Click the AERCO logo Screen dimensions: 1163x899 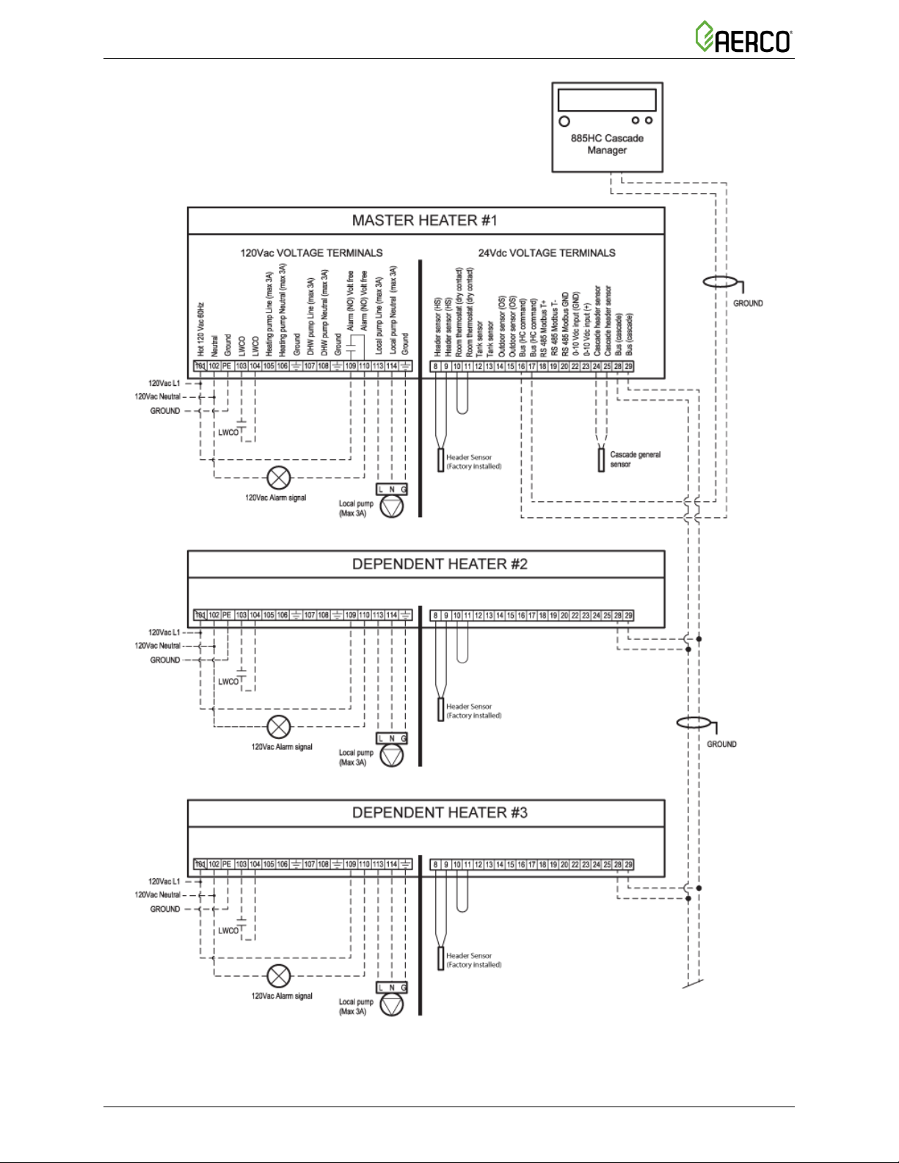pos(743,37)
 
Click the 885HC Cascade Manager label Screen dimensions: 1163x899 pos(607,144)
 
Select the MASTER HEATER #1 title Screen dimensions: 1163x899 pos(425,221)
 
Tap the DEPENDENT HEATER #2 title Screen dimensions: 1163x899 pos(440,564)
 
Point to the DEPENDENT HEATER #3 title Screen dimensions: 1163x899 pos(440,813)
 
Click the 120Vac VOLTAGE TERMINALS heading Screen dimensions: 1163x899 pos(311,253)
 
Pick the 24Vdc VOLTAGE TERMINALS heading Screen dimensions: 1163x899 pos(547,253)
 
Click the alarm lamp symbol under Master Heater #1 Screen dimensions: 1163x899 pos(278,478)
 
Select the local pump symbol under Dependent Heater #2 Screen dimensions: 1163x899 pos(392,756)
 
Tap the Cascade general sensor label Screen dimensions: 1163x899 pos(635,459)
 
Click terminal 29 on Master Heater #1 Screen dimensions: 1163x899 pos(629,366)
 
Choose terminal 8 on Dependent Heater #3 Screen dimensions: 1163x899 pos(435,864)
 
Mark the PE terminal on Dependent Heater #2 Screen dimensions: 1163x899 pos(227,616)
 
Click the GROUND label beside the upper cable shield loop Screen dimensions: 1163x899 pos(748,303)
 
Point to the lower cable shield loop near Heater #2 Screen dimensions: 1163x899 pos(694,723)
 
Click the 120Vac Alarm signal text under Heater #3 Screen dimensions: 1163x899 pos(282,996)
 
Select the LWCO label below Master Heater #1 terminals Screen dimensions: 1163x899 pos(228,433)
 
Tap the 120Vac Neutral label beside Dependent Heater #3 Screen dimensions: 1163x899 pos(157,895)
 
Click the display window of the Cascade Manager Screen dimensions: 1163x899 pos(607,100)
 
